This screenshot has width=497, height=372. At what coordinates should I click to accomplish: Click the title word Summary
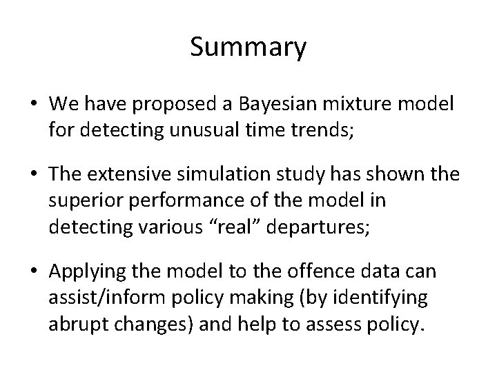tap(248, 48)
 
